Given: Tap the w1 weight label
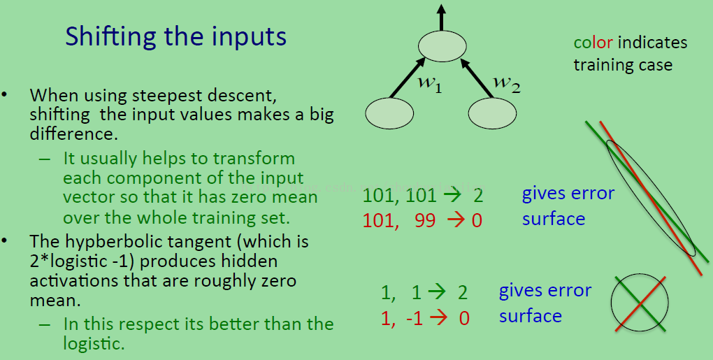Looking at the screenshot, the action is pos(430,84).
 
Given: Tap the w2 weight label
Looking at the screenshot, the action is pos(507,83).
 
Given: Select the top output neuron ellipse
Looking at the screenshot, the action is pos(442,46).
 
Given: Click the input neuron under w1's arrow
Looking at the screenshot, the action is pos(389,113).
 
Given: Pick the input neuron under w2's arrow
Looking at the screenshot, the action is pos(492,113).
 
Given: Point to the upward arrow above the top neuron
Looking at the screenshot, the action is pos(441,17).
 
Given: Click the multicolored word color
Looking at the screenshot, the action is pos(593,43).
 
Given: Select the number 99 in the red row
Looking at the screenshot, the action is pos(425,220).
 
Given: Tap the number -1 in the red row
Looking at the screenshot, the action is pos(415,318).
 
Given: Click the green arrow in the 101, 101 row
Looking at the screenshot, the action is pos(452,196).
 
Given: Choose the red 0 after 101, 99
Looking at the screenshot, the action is pos(477,220).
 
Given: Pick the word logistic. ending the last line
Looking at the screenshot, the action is pos(94,343).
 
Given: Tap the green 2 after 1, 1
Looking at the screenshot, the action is pos(463,293).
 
